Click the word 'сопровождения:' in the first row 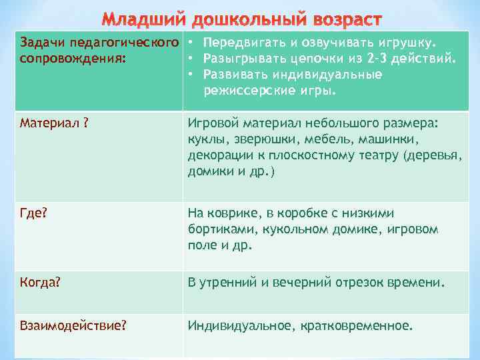pos(73,59)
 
